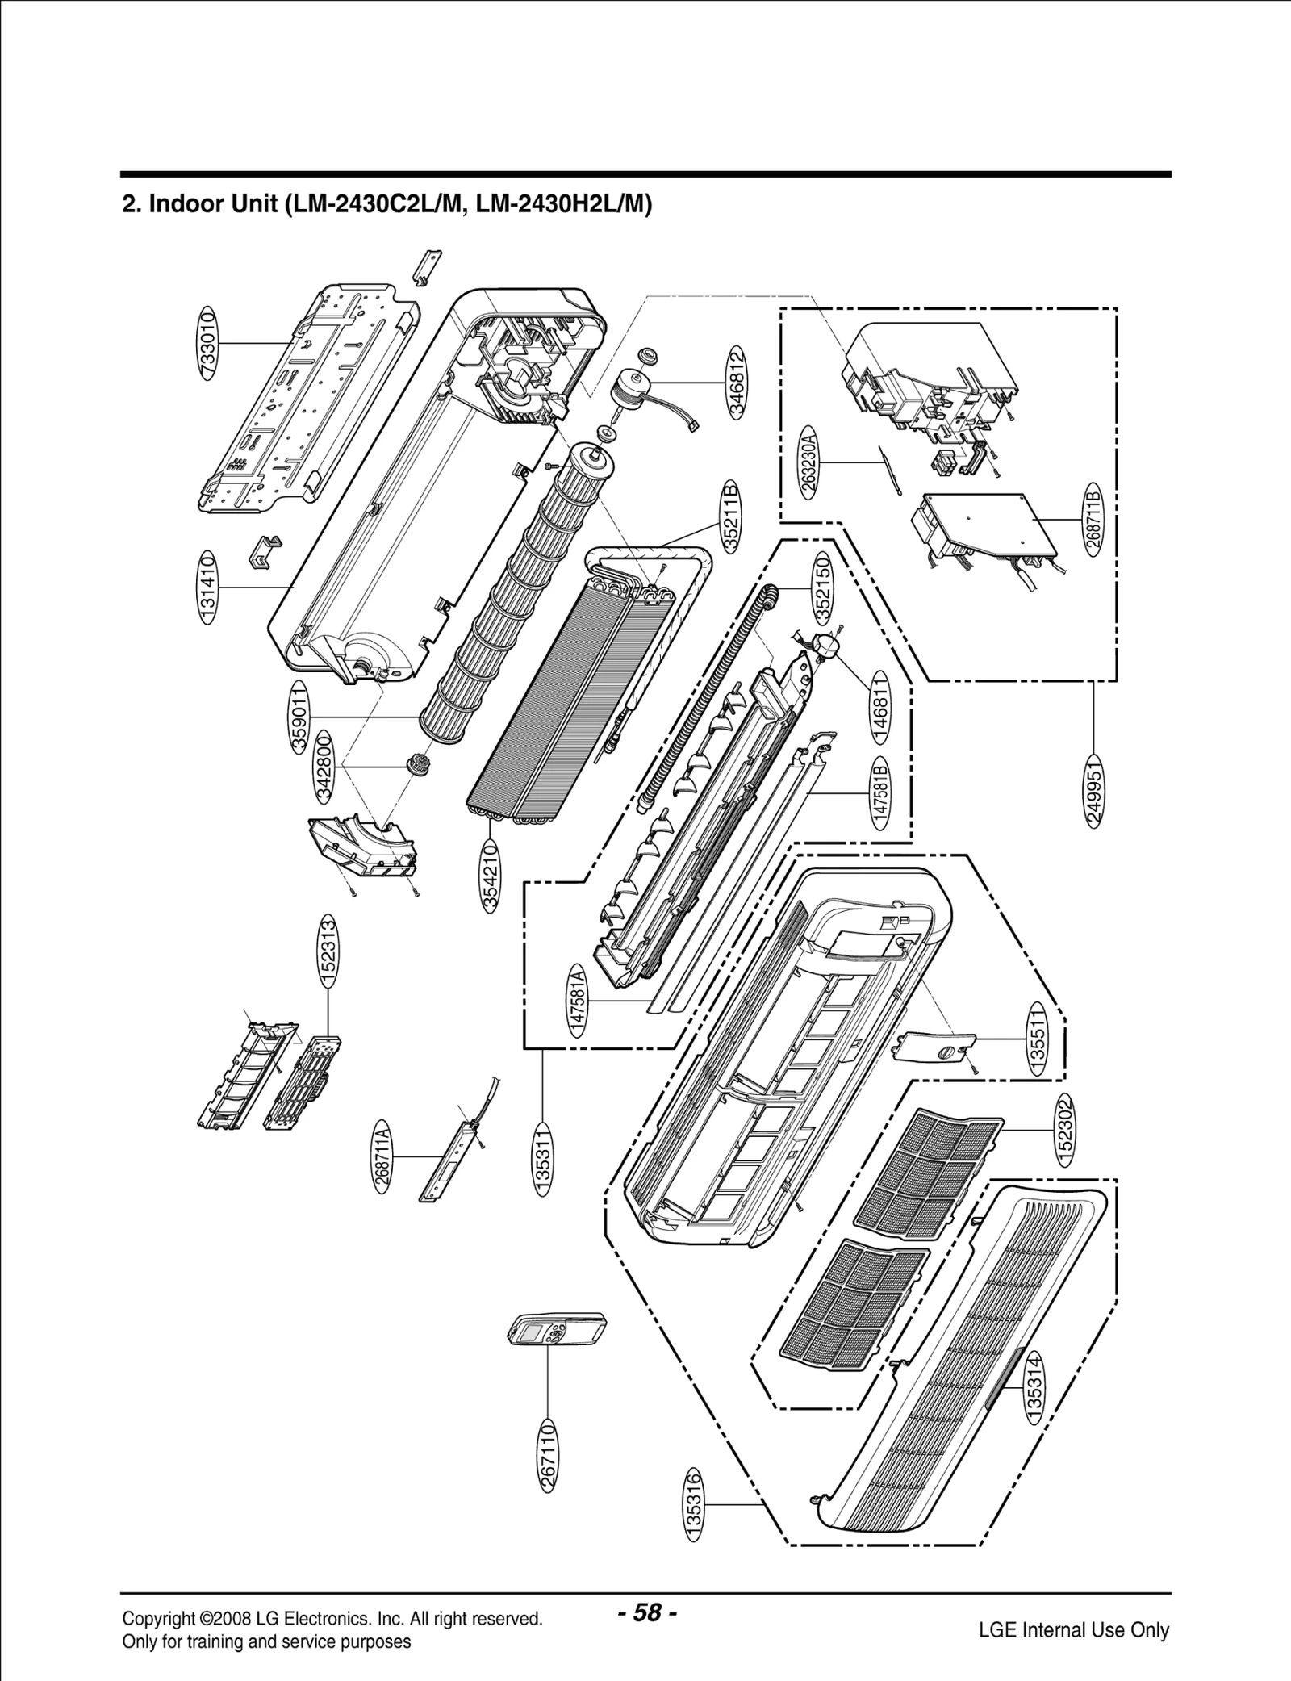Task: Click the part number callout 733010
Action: point(207,343)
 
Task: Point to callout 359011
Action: point(299,717)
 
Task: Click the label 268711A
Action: point(382,1156)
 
